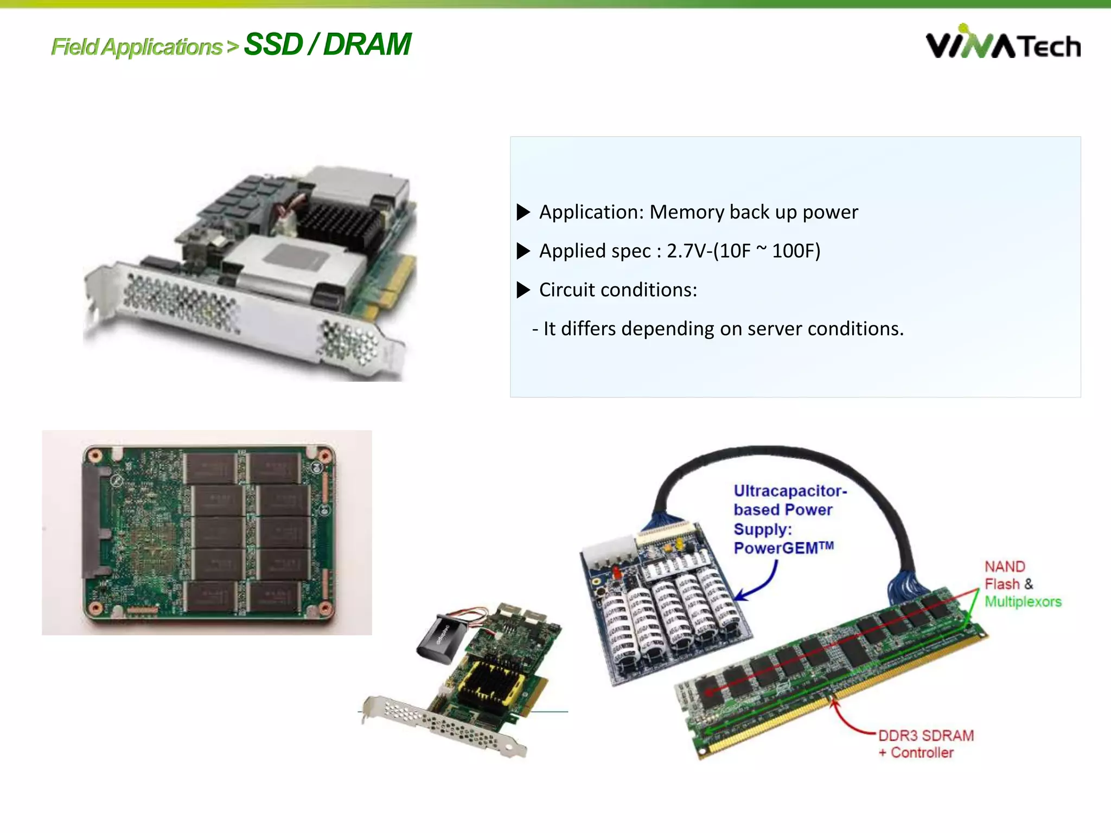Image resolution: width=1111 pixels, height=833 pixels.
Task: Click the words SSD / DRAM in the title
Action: pos(327,44)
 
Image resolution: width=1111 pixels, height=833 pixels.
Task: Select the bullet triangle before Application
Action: pos(523,212)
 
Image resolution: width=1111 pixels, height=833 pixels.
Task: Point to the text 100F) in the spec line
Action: pos(796,251)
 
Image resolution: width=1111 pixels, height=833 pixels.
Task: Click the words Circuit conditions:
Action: pos(618,290)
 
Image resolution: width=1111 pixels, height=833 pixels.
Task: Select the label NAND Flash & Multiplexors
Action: pos(1021,584)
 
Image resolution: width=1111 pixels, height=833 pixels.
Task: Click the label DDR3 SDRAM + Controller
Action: pos(925,744)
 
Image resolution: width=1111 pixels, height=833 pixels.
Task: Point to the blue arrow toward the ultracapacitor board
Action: pos(759,583)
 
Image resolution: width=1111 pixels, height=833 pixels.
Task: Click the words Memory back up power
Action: pos(754,212)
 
